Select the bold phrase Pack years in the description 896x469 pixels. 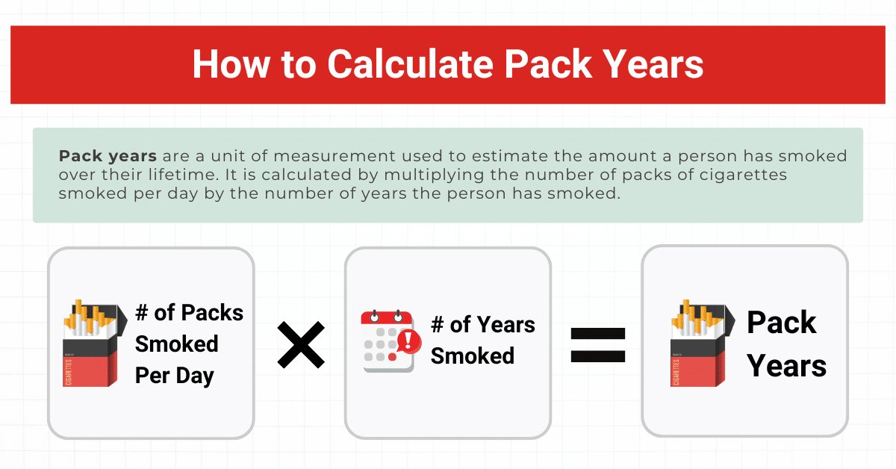108,157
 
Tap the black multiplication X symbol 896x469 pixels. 301,345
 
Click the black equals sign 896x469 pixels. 597,345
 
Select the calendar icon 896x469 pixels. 391,341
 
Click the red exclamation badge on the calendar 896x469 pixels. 408,341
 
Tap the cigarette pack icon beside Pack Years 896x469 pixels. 703,343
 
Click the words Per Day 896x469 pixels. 175,376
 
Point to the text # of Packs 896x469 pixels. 189,312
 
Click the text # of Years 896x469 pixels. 483,325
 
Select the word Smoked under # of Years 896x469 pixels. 473,355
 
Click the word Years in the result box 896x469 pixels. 786,366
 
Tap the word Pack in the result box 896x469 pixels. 781,322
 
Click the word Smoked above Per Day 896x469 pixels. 177,344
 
